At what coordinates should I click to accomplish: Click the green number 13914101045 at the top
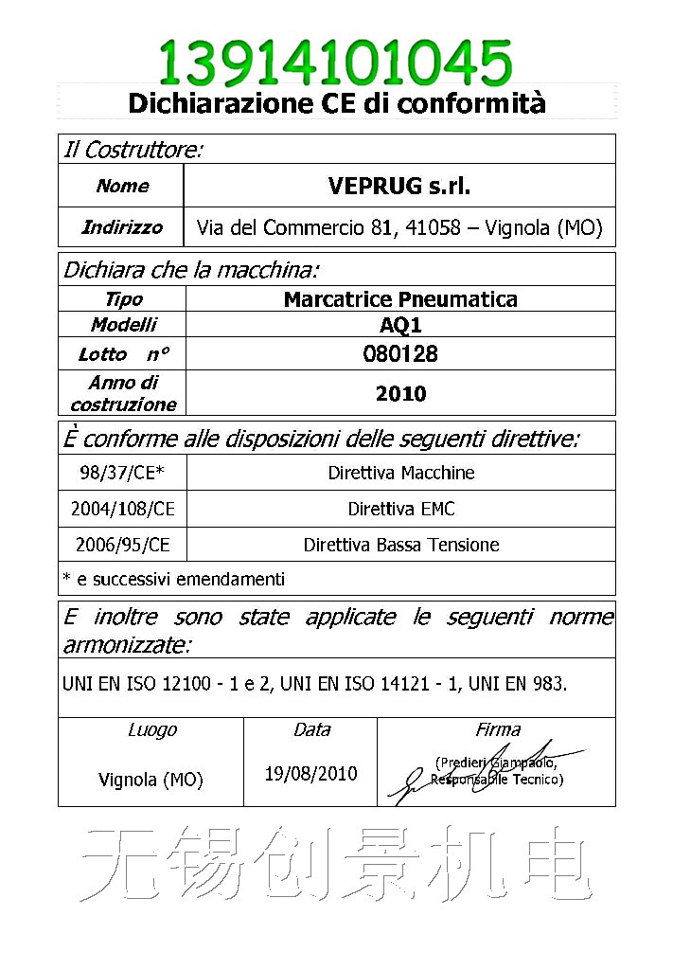tap(336, 62)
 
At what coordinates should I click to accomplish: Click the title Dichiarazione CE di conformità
tap(336, 102)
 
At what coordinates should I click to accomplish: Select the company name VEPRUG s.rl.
tap(398, 186)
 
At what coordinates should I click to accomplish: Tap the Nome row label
tap(122, 186)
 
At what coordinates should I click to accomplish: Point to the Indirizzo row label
tap(122, 227)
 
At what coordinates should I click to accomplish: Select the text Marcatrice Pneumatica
tap(400, 300)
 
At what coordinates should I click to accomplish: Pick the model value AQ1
tap(400, 325)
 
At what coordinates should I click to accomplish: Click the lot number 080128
tap(400, 354)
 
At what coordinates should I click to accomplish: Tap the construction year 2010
tap(400, 394)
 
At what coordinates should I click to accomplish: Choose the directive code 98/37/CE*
tap(122, 473)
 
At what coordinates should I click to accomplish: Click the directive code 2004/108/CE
tap(122, 509)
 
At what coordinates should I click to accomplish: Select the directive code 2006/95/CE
tap(122, 545)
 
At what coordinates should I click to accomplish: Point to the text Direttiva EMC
tap(401, 509)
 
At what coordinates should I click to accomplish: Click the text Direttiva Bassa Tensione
tap(401, 545)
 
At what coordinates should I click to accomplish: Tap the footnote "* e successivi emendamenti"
tap(173, 579)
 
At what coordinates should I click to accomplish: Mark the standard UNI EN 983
tap(525, 683)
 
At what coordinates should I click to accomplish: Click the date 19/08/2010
tap(310, 774)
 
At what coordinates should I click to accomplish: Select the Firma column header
tap(498, 729)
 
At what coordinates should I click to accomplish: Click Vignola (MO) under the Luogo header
tap(151, 781)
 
